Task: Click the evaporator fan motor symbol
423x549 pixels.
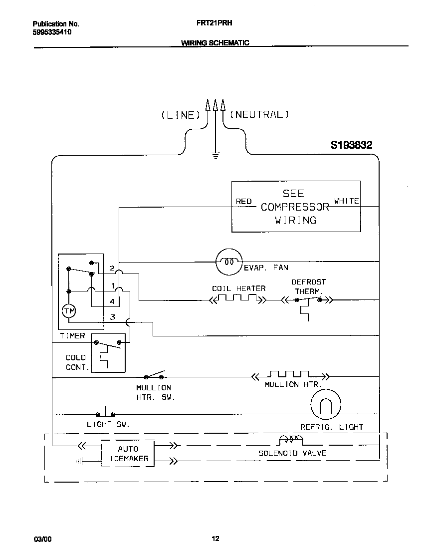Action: [x=228, y=262]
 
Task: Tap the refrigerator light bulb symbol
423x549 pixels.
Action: [x=326, y=404]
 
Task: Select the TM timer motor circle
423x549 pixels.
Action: [x=68, y=311]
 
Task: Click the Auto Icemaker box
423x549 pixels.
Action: [x=128, y=454]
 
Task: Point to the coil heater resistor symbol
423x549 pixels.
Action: [x=237, y=299]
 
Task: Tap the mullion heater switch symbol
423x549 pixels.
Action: [x=154, y=375]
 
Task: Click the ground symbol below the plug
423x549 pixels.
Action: [x=215, y=155]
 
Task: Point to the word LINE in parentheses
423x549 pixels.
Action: [x=180, y=115]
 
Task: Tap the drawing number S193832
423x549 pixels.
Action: [x=351, y=145]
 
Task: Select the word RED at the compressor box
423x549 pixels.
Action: [x=243, y=202]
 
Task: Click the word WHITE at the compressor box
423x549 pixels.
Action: [x=346, y=201]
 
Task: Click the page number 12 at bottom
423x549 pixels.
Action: [x=215, y=539]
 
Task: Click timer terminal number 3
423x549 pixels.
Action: [x=113, y=317]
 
